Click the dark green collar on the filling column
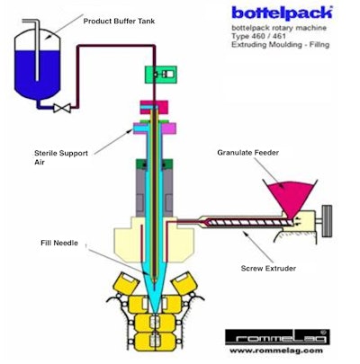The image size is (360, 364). click(x=157, y=172)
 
